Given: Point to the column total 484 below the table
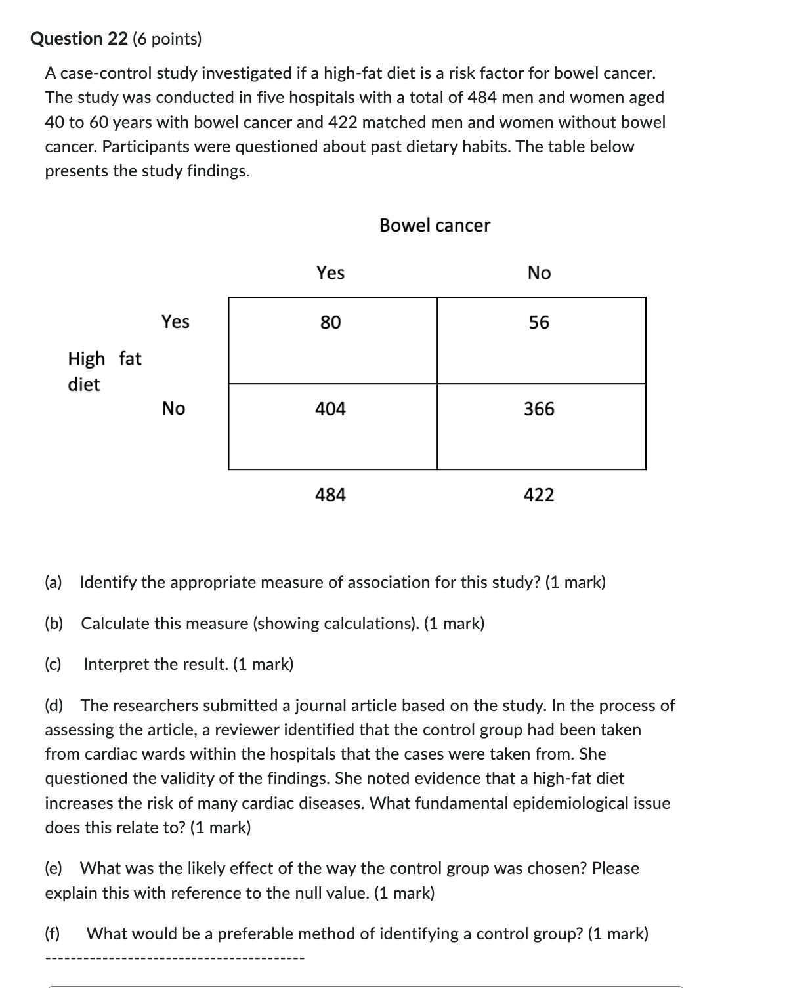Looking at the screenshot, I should tap(331, 495).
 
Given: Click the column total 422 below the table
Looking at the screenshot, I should tap(539, 495).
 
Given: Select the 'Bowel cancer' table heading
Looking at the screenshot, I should tap(435, 226).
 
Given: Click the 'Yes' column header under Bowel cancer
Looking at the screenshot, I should tap(331, 273).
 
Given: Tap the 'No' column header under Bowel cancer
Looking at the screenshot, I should tap(539, 273).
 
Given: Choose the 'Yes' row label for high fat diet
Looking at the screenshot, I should tap(175, 321).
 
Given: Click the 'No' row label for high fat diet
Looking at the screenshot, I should tap(173, 409).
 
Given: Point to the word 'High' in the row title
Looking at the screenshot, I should tap(86, 359).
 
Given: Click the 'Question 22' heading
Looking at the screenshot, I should tap(79, 39).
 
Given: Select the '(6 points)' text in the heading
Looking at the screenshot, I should tap(167, 39).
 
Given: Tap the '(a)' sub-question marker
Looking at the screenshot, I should tap(53, 582).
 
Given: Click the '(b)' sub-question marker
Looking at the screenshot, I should tap(54, 623).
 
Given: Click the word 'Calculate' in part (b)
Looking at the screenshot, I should tap(116, 623).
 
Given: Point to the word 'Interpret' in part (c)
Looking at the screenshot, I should tap(116, 665).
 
